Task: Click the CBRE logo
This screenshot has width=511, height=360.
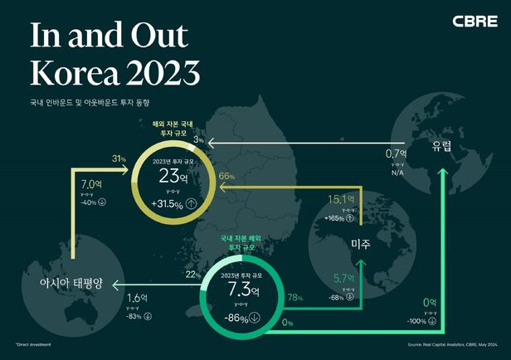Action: tap(474, 21)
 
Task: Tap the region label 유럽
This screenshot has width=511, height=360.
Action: tap(441, 147)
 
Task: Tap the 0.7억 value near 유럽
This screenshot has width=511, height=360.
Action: tap(397, 153)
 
